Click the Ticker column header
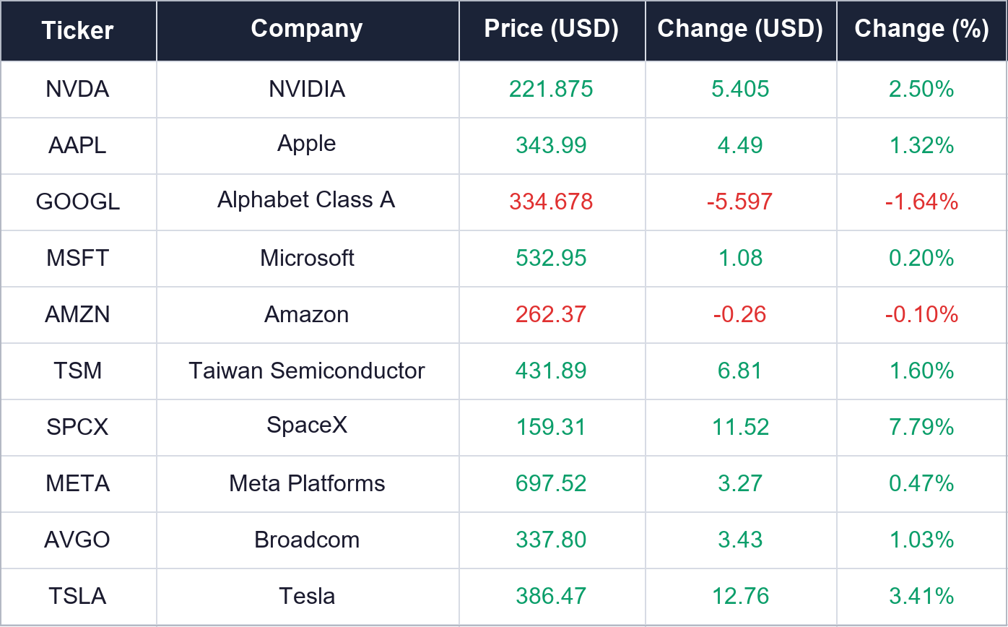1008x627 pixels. (x=77, y=30)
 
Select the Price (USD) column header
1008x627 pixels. (x=551, y=30)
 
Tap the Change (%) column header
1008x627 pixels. (x=921, y=30)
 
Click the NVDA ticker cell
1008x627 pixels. (x=77, y=89)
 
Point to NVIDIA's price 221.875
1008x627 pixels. (x=551, y=89)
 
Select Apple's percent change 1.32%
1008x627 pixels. (x=921, y=145)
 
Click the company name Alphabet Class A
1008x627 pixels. (x=306, y=199)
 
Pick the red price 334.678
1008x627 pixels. (x=551, y=202)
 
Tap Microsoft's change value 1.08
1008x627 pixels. (x=740, y=258)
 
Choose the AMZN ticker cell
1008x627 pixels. (x=77, y=314)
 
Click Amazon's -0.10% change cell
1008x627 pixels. (x=921, y=314)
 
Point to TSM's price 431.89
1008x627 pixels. (x=551, y=371)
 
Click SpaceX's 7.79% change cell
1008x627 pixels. (x=921, y=427)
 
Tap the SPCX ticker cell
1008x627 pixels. (x=77, y=427)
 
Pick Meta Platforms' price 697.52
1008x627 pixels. (x=551, y=483)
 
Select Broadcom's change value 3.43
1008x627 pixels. (x=740, y=540)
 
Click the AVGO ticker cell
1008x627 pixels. (x=77, y=540)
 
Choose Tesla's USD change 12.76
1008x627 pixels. (x=740, y=596)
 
